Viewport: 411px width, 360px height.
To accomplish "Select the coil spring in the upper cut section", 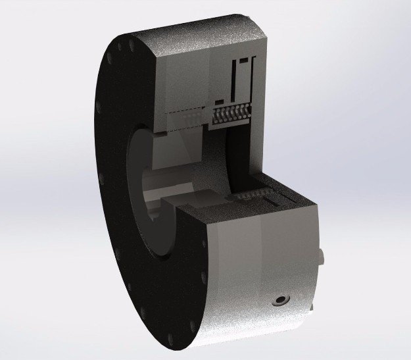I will coord(232,113).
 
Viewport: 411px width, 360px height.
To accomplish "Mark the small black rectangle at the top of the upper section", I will coord(245,60).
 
